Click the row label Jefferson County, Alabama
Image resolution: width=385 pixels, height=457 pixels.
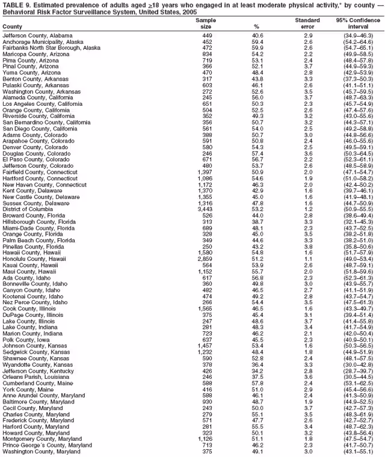point(37,35)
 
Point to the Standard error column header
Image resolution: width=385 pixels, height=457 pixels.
point(307,23)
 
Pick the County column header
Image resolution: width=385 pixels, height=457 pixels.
point(13,27)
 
